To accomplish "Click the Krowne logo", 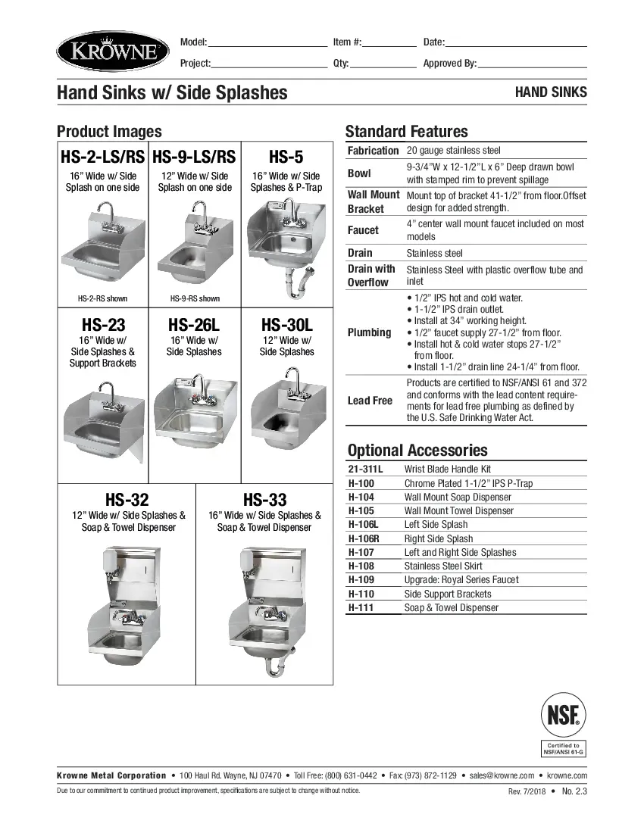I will coord(113,51).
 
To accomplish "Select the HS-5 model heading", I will coord(286,157).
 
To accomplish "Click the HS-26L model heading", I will coord(194,325).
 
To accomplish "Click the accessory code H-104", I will coord(361,498).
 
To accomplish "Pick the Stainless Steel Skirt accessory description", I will coord(443,566).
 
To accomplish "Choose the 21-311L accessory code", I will coord(365,470).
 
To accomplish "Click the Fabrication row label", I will coord(373,151).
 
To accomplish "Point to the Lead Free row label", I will coord(370,401).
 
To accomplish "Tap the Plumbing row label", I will coord(370,332).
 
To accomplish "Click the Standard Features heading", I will coord(407,131).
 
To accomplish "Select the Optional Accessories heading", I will coord(417,450).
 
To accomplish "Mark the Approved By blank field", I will coord(532,64).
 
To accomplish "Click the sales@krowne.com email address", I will coord(502,775).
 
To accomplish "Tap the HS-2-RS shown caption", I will coord(102,298).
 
